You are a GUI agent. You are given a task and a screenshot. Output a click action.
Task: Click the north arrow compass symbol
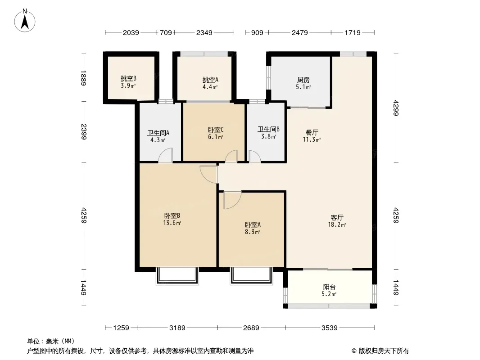pyautogui.click(x=25, y=20)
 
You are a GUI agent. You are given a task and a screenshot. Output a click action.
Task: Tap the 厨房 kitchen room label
pyautogui.click(x=303, y=80)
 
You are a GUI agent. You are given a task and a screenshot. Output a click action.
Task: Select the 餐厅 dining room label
pyautogui.click(x=312, y=132)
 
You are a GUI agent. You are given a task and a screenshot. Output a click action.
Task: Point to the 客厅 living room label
pyautogui.click(x=337, y=217)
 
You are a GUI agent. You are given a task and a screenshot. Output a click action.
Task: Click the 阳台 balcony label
pyautogui.click(x=329, y=287)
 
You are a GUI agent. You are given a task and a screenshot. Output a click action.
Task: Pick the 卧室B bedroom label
pyautogui.click(x=172, y=216)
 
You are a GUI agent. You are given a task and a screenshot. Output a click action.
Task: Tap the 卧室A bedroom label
pyautogui.click(x=253, y=225)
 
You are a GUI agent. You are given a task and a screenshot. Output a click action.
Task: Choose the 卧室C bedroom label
pyautogui.click(x=216, y=130)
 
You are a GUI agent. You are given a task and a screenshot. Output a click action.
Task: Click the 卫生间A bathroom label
pyautogui.click(x=158, y=133)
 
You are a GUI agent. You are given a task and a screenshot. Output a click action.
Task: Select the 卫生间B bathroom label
pyautogui.click(x=268, y=129)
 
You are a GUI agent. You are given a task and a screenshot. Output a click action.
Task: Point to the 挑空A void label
pyautogui.click(x=210, y=80)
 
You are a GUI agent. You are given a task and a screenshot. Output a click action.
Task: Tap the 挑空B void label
pyautogui.click(x=128, y=79)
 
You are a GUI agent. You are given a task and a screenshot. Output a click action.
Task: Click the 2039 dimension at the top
pyautogui.click(x=131, y=32)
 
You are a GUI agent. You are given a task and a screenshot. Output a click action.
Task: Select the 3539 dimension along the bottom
pyautogui.click(x=330, y=328)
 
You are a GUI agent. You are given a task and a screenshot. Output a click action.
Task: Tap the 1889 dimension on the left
pyautogui.click(x=84, y=78)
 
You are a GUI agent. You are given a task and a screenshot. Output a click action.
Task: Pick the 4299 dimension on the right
pyautogui.click(x=396, y=108)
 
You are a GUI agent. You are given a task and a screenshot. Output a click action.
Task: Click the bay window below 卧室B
pyautogui.click(x=177, y=276)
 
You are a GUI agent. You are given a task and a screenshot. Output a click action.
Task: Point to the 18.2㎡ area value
pyautogui.click(x=337, y=225)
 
